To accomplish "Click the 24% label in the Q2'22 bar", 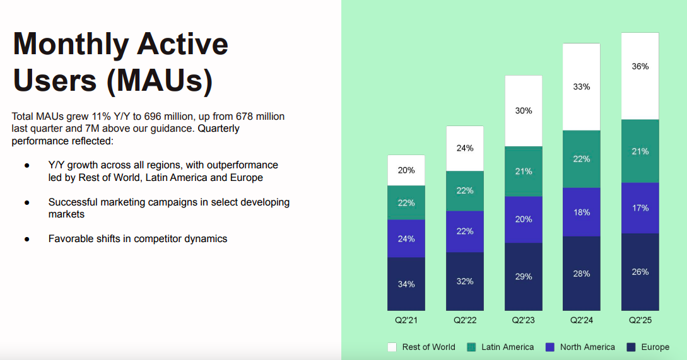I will (465, 148).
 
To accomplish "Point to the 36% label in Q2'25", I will (640, 66).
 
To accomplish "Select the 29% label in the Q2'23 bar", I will (523, 277).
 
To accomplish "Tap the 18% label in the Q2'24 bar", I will (582, 212).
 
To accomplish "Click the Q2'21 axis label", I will (406, 320).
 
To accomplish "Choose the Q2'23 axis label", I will (523, 320).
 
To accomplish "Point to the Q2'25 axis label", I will (640, 320).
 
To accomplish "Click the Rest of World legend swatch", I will (392, 347).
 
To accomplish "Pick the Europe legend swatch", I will (631, 347).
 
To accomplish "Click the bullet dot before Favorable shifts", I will (27, 239).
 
